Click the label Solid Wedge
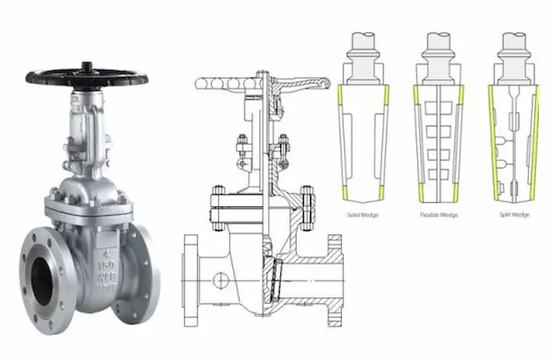pyautogui.click(x=364, y=216)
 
